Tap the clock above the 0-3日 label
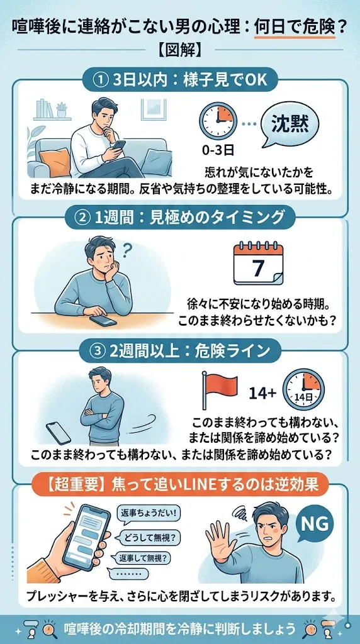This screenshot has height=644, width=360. [x=217, y=120]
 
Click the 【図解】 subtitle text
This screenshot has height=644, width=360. [x=180, y=47]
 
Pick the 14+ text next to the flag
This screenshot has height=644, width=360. [x=263, y=393]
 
